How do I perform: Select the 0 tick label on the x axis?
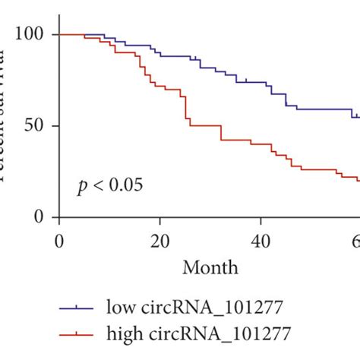point(59,242)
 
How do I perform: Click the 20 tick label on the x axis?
point(159,242)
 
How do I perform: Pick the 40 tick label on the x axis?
point(260,242)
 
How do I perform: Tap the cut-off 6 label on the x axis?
point(355,242)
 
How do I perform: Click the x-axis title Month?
point(210,267)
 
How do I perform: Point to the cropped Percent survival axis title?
point(6,114)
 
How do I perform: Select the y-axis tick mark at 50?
point(55,126)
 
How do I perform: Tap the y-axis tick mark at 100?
point(55,35)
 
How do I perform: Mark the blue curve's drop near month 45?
point(286,99)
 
